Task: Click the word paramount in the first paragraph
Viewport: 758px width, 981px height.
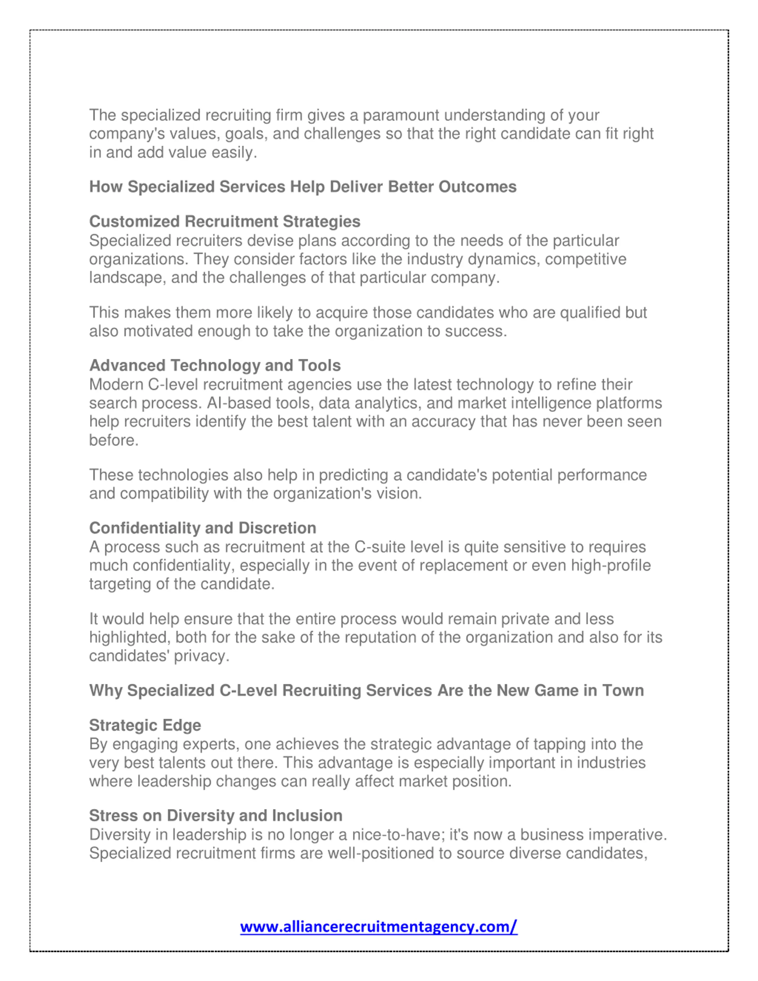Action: [x=401, y=115]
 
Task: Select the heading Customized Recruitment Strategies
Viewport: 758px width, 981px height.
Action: [x=224, y=221]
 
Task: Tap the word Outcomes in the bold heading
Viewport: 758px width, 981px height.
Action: [x=477, y=187]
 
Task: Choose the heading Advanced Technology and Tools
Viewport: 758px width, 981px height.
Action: [x=215, y=366]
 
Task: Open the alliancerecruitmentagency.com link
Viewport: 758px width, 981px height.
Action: [x=378, y=927]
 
